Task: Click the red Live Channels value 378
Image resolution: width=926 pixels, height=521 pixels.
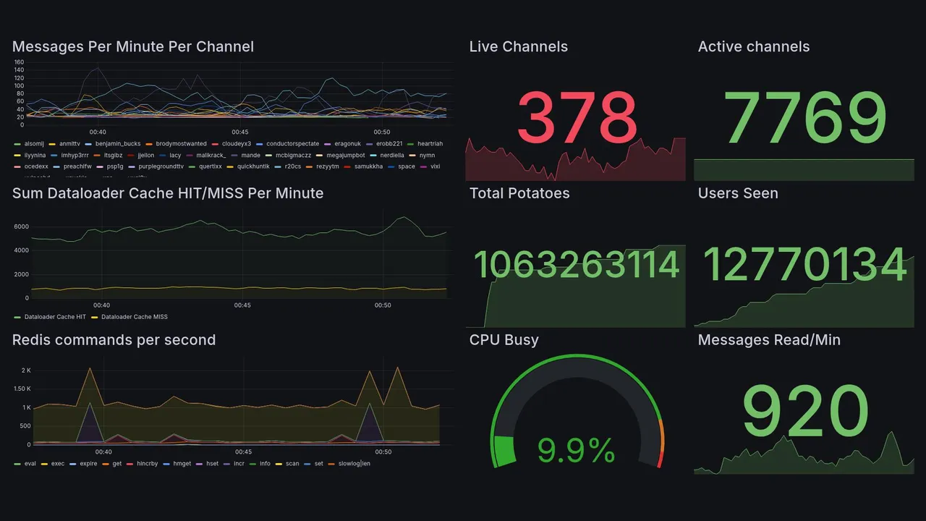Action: pos(577,117)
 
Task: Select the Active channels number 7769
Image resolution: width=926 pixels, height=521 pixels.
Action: pos(805,117)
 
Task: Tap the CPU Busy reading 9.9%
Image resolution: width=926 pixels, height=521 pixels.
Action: pos(576,452)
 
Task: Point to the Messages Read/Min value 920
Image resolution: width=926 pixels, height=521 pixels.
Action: pos(805,411)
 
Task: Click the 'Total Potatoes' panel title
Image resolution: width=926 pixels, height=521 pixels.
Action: pos(519,193)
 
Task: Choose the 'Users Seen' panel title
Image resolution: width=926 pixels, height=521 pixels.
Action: pos(738,193)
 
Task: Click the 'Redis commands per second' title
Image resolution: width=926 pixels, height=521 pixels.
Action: pos(114,340)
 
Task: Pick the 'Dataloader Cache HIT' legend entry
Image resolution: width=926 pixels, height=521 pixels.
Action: pos(55,317)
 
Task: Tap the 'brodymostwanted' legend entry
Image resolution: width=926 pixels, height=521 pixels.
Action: pos(181,144)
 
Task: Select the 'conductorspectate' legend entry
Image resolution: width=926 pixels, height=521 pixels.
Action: pos(292,144)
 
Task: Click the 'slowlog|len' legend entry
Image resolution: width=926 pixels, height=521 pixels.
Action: pos(354,464)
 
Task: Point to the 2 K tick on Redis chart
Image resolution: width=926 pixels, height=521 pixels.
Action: pos(26,370)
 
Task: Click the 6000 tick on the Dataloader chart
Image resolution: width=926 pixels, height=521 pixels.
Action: pos(21,226)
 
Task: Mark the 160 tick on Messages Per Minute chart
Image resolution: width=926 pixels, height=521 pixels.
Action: pos(19,62)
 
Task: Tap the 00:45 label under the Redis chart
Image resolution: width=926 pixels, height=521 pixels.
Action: pos(242,452)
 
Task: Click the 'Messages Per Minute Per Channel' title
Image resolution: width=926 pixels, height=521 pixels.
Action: pos(133,47)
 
